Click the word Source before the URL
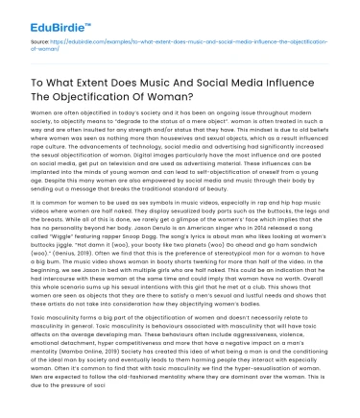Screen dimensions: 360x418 pyautogui.click(x=39, y=43)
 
